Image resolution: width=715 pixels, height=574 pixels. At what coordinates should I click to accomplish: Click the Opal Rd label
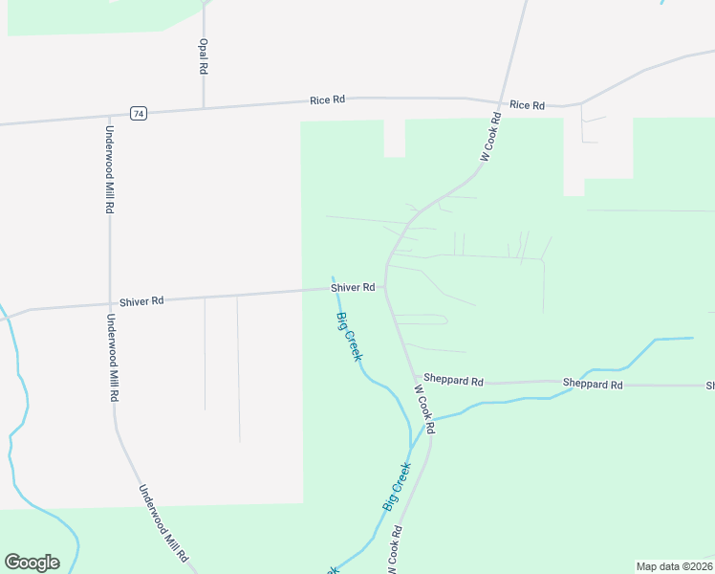[203, 56]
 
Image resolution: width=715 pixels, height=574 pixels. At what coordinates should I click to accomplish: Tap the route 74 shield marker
[140, 113]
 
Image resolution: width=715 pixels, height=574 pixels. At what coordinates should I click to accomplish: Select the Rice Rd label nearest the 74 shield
[327, 99]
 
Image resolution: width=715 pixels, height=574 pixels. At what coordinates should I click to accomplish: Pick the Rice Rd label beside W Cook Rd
[527, 105]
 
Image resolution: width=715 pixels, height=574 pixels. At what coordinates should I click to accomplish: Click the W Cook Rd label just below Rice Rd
[489, 137]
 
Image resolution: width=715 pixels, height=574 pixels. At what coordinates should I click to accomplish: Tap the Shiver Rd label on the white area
[142, 300]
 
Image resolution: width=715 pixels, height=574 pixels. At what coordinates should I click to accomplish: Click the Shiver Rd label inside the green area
[352, 287]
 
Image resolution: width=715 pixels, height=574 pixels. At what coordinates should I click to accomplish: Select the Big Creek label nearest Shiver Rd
[349, 337]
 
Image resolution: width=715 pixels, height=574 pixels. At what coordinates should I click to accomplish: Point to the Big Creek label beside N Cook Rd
[397, 486]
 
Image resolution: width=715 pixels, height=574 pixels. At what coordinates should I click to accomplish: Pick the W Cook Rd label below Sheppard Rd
[424, 408]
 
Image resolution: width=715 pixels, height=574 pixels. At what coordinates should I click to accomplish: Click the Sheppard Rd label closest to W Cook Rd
[453, 380]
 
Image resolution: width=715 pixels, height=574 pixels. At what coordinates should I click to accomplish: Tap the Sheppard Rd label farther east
[593, 385]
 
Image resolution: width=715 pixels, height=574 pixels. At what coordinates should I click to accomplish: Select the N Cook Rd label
[394, 551]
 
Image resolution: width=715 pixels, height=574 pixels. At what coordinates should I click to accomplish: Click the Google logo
[32, 563]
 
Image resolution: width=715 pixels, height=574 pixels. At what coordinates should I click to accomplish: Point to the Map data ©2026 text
[674, 565]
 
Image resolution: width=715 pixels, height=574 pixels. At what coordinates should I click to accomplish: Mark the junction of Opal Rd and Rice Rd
[204, 107]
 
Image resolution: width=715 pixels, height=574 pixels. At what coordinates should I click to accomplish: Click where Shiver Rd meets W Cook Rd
[385, 286]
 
